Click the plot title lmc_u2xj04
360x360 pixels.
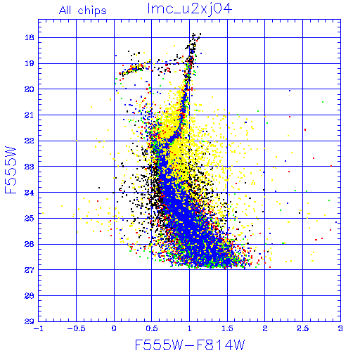pos(190,9)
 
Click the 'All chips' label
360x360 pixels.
pos(83,11)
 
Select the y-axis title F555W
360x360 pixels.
pos(11,170)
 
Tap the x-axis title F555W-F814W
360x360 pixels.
pos(190,345)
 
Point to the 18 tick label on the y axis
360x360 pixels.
pos(30,37)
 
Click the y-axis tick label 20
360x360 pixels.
pos(30,89)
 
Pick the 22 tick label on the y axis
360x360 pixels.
pos(30,141)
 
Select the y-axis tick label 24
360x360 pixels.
pos(30,193)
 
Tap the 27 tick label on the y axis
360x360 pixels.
pos(30,270)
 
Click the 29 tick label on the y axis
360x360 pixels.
pos(30,321)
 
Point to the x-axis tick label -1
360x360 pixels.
pos(39,328)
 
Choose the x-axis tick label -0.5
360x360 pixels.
pos(76,328)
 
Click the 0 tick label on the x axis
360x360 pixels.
pos(114,328)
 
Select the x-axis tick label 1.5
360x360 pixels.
pos(227,328)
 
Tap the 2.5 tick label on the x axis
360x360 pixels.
pos(303,328)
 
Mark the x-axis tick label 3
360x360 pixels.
pos(340,328)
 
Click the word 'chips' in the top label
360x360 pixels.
pos(92,11)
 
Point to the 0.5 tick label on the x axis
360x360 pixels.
pos(152,328)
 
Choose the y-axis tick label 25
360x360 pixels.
pos(30,219)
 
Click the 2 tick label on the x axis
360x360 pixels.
pos(265,328)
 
